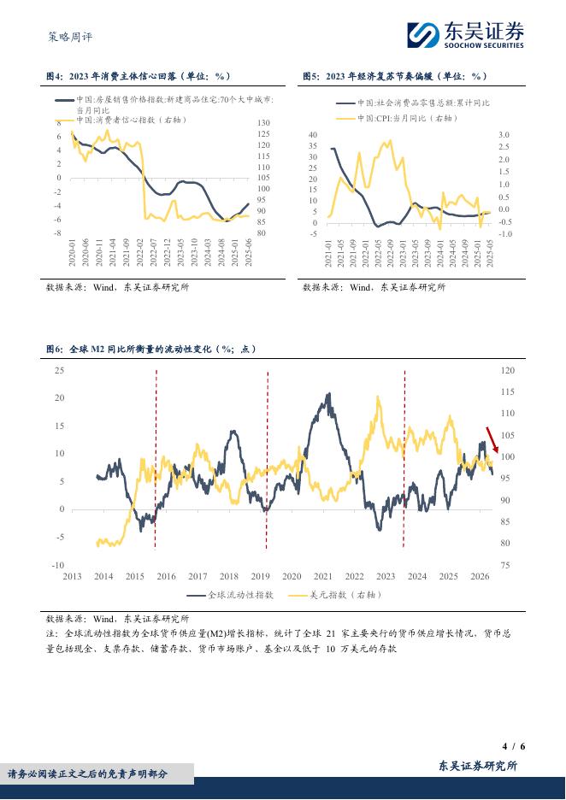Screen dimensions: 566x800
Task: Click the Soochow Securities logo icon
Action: tap(423, 35)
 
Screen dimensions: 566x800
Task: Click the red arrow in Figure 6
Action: tap(491, 439)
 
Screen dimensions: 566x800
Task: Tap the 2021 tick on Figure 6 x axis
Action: tap(322, 576)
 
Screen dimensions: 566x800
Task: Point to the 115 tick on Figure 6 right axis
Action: tap(507, 391)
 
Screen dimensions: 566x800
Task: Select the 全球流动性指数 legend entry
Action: tap(230, 595)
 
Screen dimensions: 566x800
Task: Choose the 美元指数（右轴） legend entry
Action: tap(335, 595)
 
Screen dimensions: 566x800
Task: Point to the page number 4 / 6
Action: tap(514, 746)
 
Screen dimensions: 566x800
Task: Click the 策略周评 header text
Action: tap(70, 37)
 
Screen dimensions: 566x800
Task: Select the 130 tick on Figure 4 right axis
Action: tap(263, 123)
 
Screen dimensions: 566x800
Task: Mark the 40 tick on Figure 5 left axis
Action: tap(312, 135)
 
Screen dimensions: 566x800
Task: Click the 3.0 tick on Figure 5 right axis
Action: tap(504, 135)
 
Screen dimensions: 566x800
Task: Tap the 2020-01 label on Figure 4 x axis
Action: tap(72, 252)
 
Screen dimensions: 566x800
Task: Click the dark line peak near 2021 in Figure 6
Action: tap(328, 394)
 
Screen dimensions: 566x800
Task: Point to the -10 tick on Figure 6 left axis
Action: tap(58, 565)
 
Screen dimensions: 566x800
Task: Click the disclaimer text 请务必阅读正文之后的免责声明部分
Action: tap(87, 774)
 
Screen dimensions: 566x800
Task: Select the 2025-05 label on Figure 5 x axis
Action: tap(490, 253)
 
